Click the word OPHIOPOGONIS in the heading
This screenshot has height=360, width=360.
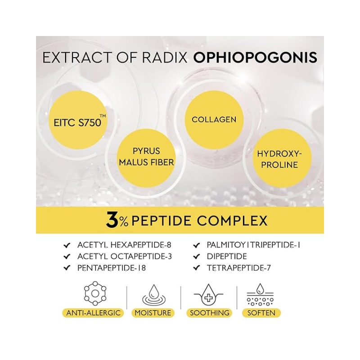click(x=255, y=58)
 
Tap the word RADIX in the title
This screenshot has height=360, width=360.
click(x=165, y=58)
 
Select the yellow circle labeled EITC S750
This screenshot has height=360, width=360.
click(x=78, y=120)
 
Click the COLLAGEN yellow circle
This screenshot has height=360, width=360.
click(x=214, y=120)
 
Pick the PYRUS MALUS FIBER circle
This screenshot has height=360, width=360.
click(x=146, y=158)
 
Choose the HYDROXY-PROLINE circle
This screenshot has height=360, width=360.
click(x=279, y=158)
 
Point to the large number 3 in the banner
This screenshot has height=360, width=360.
click(x=112, y=220)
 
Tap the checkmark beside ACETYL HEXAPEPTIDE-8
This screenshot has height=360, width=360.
click(x=67, y=245)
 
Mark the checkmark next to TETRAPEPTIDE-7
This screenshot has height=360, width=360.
click(x=197, y=268)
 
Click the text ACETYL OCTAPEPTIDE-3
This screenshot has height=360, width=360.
click(x=125, y=256)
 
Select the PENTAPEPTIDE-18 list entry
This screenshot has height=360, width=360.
click(x=112, y=268)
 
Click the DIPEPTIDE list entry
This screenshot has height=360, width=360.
click(x=227, y=256)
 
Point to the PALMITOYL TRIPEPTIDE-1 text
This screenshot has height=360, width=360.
click(x=253, y=245)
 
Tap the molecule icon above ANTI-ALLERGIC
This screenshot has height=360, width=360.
click(x=95, y=293)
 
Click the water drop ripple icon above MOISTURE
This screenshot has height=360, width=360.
click(x=154, y=295)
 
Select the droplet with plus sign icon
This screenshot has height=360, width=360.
click(x=208, y=295)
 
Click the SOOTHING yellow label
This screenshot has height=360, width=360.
click(x=209, y=313)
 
